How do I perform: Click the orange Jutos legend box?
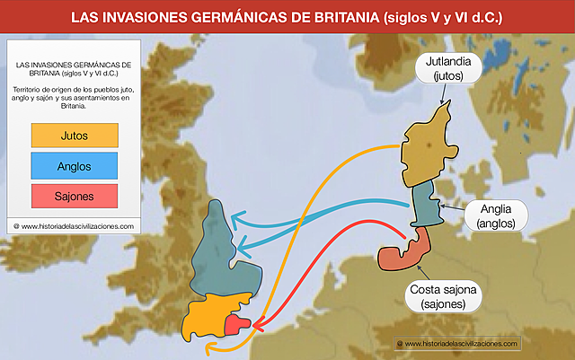click(x=74, y=136)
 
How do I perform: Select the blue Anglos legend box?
click(x=74, y=165)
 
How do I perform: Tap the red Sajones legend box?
click(x=74, y=194)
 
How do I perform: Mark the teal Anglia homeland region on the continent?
click(x=424, y=206)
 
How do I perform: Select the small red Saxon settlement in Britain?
click(x=238, y=324)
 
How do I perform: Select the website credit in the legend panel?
click(x=74, y=226)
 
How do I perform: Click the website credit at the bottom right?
click(x=458, y=344)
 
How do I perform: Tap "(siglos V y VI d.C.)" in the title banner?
click(x=441, y=17)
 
